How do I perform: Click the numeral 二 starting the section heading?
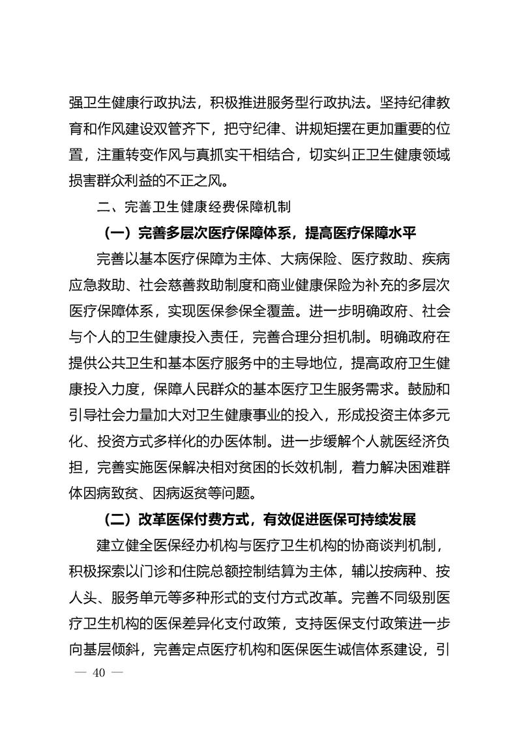point(102,208)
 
